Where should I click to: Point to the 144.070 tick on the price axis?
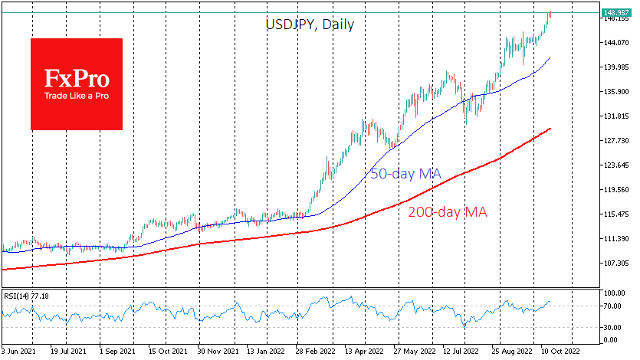pos(615,43)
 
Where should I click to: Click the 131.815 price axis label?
pos(615,116)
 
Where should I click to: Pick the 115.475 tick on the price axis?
pos(615,214)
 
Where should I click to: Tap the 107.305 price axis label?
pos(615,263)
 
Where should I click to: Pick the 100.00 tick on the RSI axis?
pos(613,293)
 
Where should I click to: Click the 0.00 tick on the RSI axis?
pos(611,339)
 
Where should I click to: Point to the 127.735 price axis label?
pos(615,141)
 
